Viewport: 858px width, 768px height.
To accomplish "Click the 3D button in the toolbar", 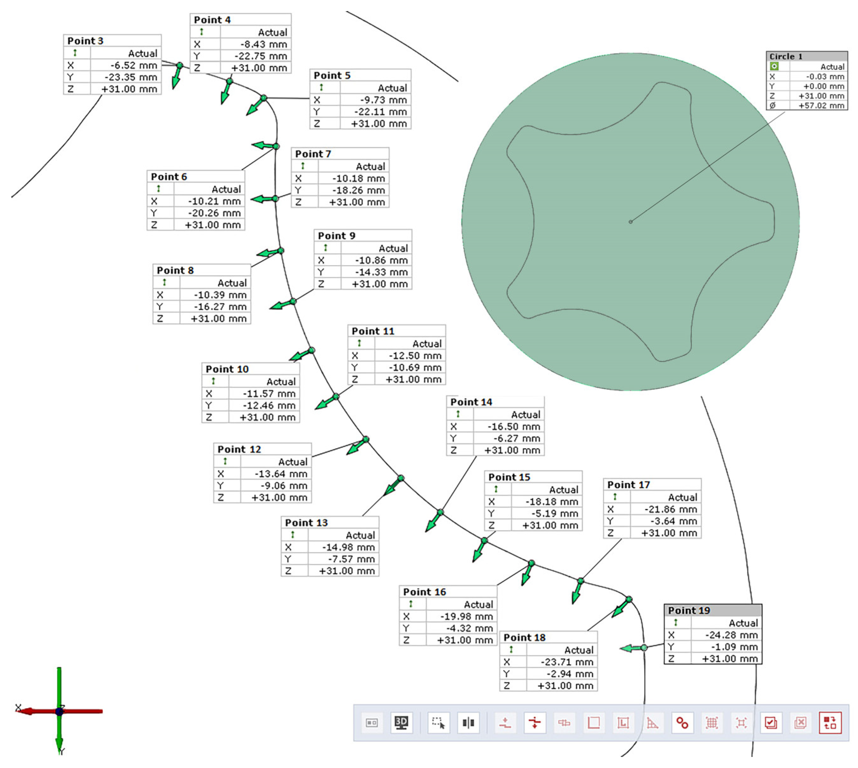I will pyautogui.click(x=401, y=723).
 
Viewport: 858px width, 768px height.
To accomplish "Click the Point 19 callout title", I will pyautogui.click(x=689, y=610).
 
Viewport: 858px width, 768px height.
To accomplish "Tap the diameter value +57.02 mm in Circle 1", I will pyautogui.click(x=821, y=106).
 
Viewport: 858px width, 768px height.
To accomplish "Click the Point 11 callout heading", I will pyautogui.click(x=373, y=331).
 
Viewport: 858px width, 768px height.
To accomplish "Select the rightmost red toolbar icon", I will pyautogui.click(x=830, y=723).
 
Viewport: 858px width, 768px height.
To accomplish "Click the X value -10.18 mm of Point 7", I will pyautogui.click(x=358, y=178).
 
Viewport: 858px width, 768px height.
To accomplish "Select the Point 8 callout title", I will pyautogui.click(x=175, y=270).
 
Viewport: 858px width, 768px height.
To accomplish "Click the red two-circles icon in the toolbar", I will pyautogui.click(x=682, y=723).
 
